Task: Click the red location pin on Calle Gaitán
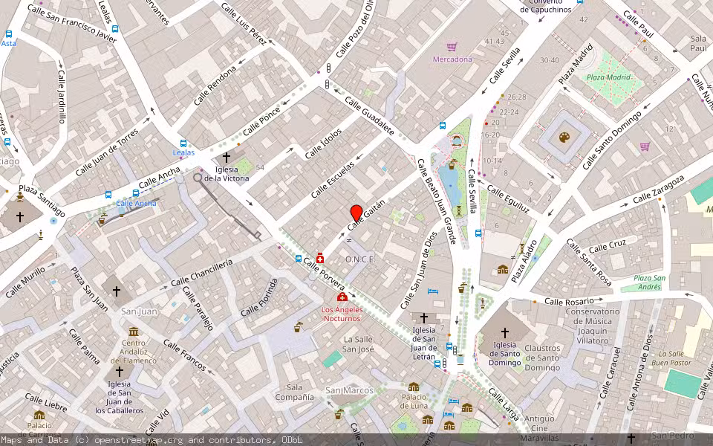coord(356,212)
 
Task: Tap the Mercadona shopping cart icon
coord(452,46)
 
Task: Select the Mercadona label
coord(452,59)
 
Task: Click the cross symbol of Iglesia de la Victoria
coord(227,158)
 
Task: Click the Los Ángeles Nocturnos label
coord(342,314)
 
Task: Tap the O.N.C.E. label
coord(360,259)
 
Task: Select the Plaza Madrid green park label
coord(608,77)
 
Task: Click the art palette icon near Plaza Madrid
coord(564,138)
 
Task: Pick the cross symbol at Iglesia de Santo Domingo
coord(505,333)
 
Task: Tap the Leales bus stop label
coord(183,152)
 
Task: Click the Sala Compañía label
coord(295,392)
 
